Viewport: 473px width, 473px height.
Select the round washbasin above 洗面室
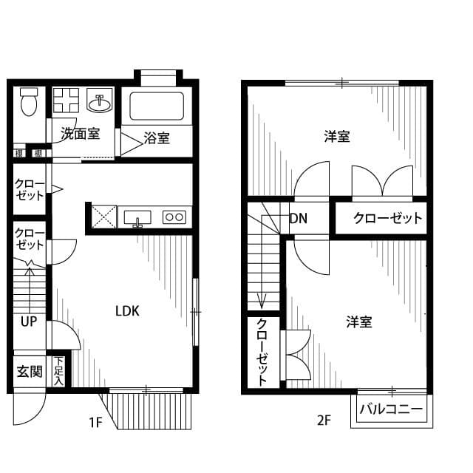(x=100, y=103)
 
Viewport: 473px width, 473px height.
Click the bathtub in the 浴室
(x=157, y=107)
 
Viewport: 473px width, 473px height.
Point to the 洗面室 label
(x=80, y=134)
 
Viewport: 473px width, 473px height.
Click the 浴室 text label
(x=157, y=138)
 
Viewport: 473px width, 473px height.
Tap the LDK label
(x=126, y=311)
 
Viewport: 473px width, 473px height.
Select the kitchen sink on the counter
(x=137, y=217)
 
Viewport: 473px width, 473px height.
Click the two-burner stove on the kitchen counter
(x=175, y=217)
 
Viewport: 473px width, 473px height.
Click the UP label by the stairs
(x=29, y=321)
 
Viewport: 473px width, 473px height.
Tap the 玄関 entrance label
(x=30, y=371)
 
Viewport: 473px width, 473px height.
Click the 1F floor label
(x=95, y=423)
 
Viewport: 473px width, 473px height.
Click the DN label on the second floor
(x=299, y=218)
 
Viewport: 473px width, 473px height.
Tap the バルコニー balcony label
(x=392, y=409)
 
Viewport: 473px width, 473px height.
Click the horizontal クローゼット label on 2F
(x=387, y=218)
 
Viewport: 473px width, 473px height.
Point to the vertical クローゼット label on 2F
(x=262, y=352)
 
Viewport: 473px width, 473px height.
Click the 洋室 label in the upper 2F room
(x=337, y=137)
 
